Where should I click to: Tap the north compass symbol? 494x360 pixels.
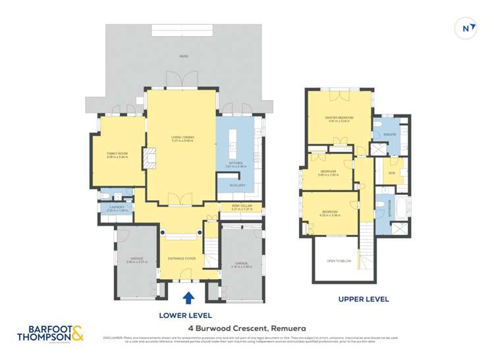pyautogui.click(x=466, y=28)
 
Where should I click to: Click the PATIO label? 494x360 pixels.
pyautogui.click(x=184, y=57)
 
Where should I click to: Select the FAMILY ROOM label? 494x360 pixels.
pyautogui.click(x=117, y=154)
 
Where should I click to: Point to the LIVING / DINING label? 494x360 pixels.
pyautogui.click(x=182, y=137)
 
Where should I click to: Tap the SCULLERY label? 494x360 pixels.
pyautogui.click(x=237, y=185)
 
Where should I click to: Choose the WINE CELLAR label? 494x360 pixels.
pyautogui.click(x=242, y=206)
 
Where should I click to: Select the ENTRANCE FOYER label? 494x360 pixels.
pyautogui.click(x=182, y=259)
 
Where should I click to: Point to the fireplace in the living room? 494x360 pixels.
pyautogui.click(x=150, y=159)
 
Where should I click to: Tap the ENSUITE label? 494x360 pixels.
pyautogui.click(x=389, y=134)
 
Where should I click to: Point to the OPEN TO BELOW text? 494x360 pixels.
pyautogui.click(x=339, y=261)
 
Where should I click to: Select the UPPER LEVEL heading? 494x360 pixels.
pyautogui.click(x=364, y=299)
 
